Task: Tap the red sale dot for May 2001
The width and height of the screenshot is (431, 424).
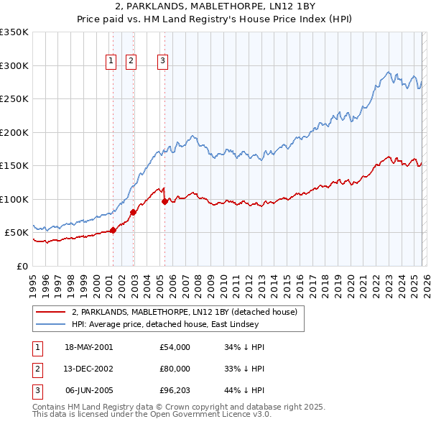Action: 113,230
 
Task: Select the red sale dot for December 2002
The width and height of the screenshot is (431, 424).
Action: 133,212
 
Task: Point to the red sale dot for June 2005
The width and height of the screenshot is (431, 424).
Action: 164,201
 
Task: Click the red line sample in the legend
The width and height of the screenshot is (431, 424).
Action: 51,312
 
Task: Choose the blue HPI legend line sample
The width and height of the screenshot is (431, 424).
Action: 51,324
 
